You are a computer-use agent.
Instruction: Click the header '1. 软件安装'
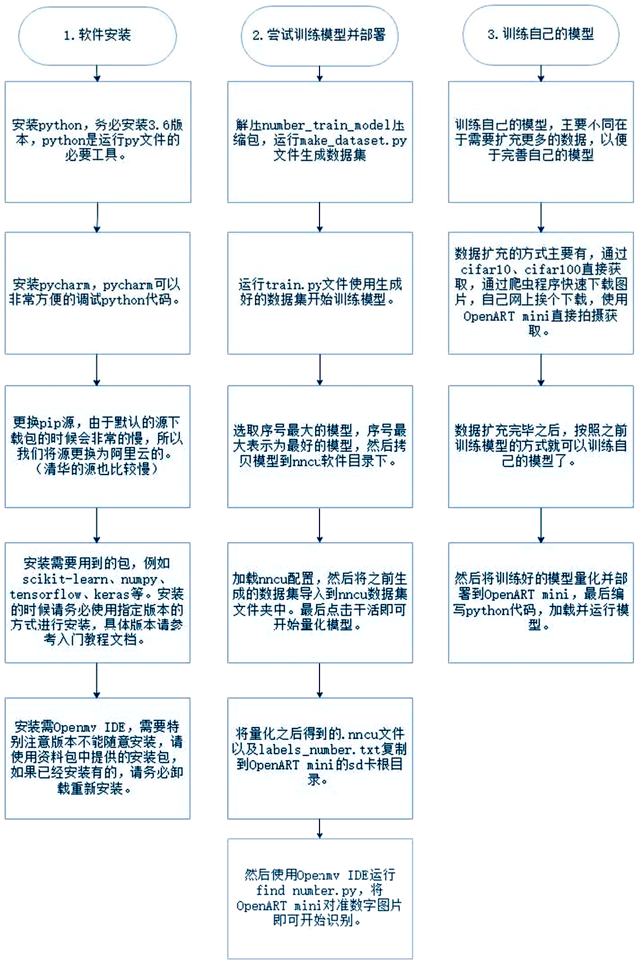click(97, 36)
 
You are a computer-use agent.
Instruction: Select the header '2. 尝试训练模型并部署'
click(319, 36)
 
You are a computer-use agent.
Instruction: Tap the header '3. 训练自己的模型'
click(541, 34)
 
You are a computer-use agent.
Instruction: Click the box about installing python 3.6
click(98, 142)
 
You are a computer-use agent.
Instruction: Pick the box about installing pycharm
click(97, 293)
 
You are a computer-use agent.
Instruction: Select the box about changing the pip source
click(97, 446)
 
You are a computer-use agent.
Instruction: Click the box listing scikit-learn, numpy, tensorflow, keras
click(97, 602)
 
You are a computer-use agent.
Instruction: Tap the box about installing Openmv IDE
click(97, 758)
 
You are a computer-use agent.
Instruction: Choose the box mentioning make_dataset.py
click(320, 142)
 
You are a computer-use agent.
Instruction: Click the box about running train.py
click(320, 293)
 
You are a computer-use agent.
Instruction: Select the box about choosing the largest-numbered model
click(320, 446)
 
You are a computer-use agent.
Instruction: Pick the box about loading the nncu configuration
click(320, 602)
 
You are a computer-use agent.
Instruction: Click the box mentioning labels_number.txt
click(320, 758)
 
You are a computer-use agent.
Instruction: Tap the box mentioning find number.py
click(320, 898)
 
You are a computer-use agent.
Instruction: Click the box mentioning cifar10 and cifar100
click(541, 293)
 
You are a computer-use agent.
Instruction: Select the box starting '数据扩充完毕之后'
click(541, 446)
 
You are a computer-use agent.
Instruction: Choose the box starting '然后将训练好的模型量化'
click(541, 602)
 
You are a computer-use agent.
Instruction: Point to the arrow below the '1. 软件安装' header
click(97, 73)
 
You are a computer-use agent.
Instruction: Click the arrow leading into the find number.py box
click(320, 829)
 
